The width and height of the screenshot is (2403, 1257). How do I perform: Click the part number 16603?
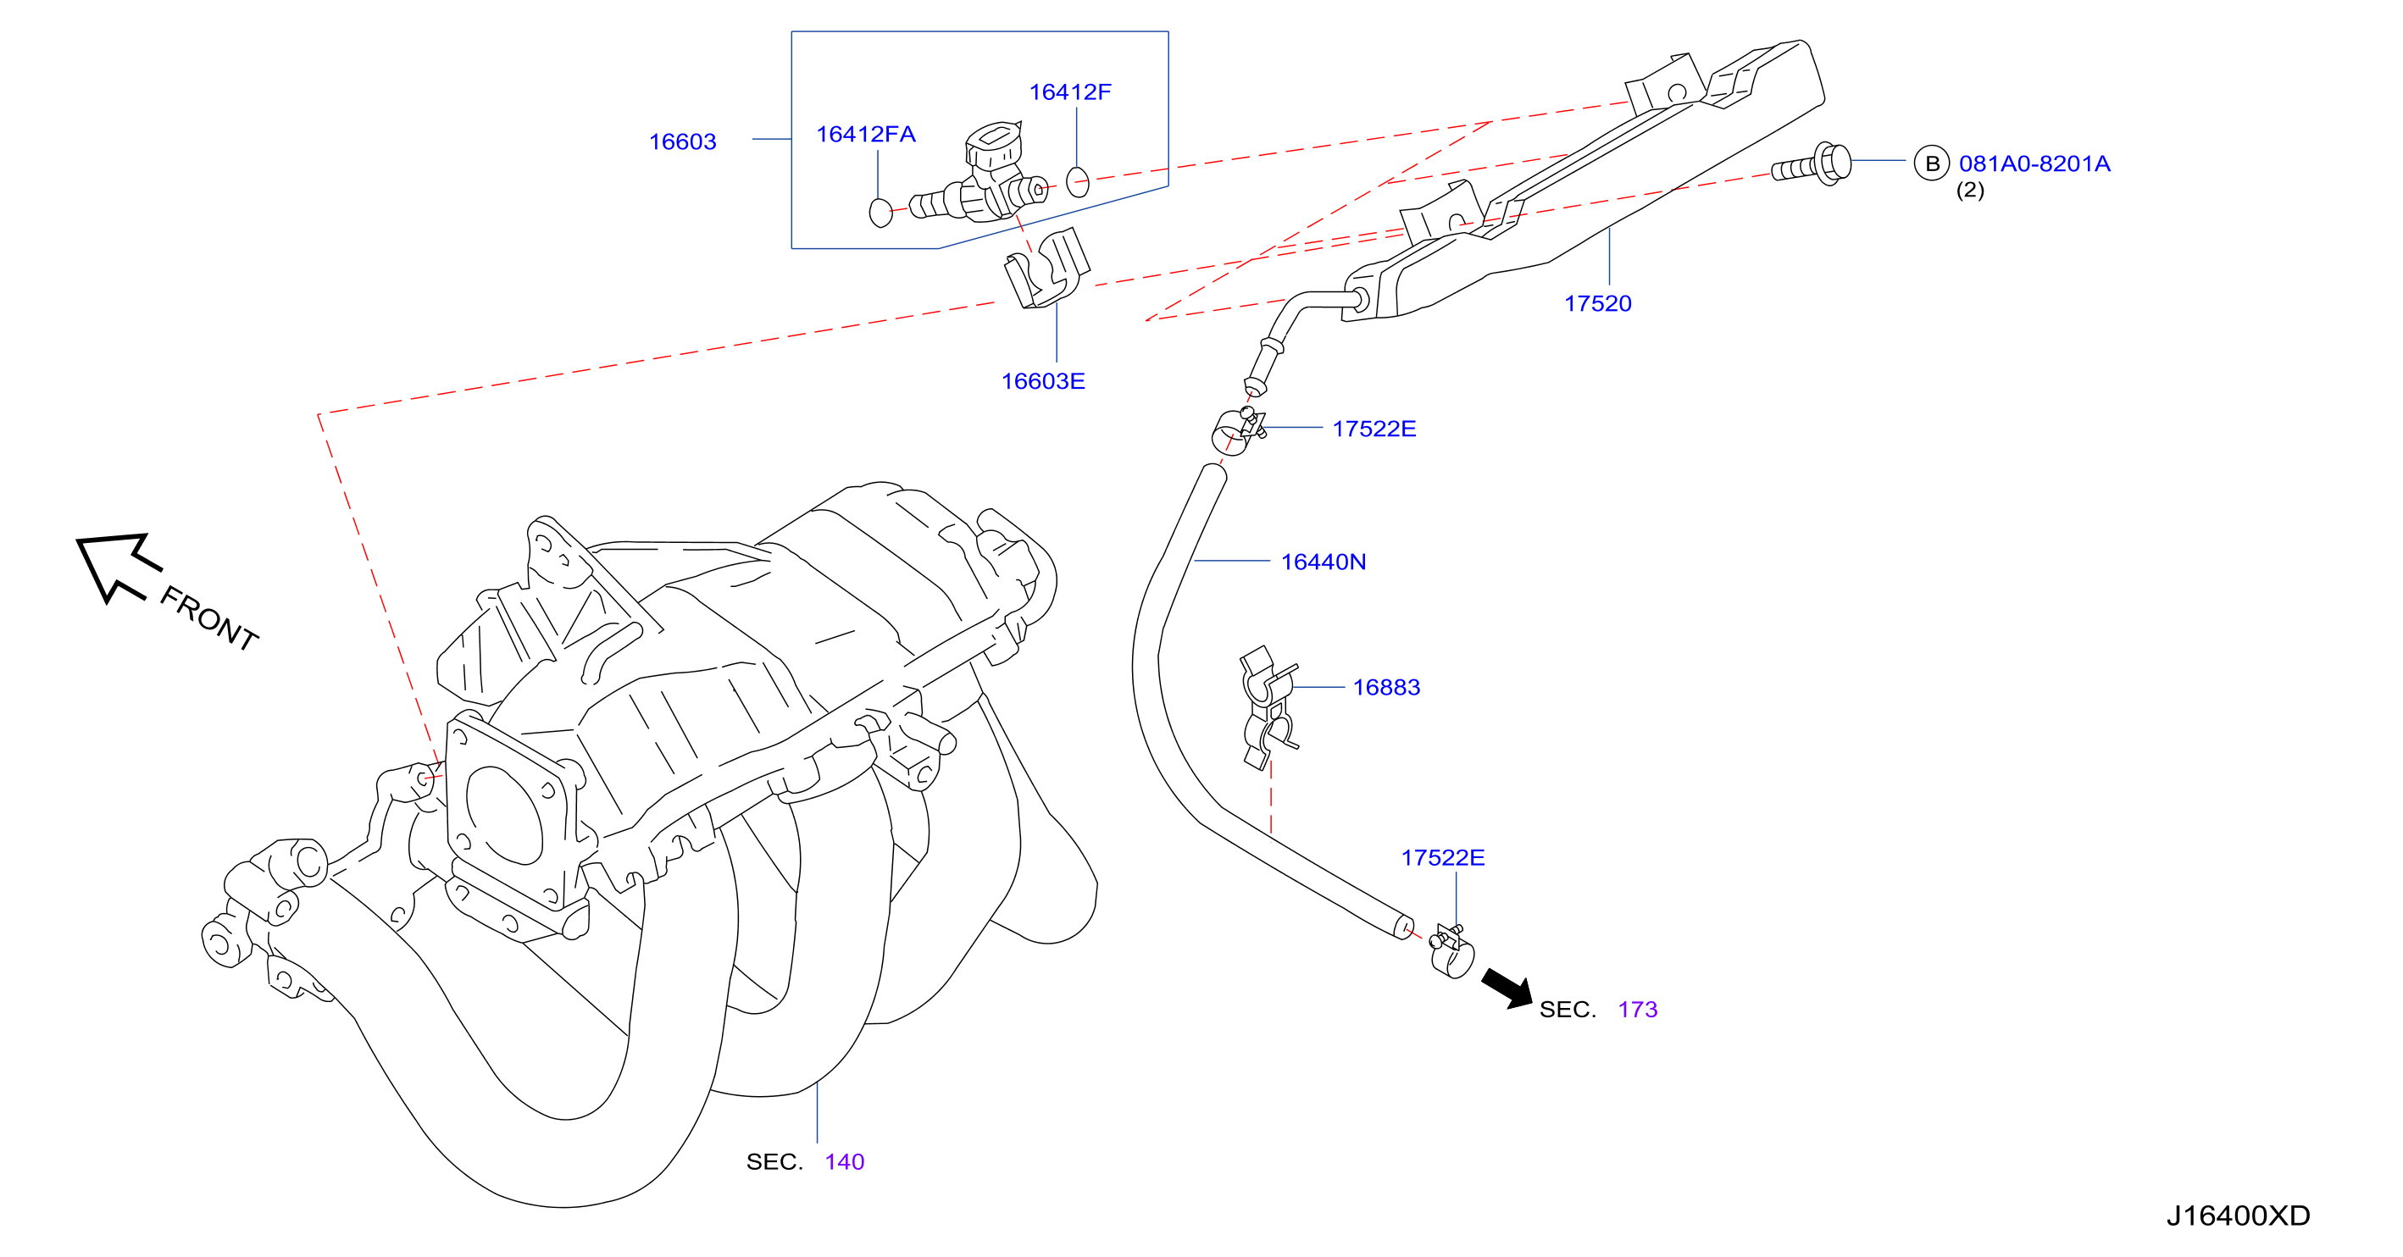[682, 141]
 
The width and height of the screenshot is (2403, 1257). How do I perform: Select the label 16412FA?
[866, 135]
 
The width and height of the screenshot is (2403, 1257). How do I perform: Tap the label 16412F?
[1070, 92]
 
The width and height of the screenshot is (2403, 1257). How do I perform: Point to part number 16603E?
[1043, 381]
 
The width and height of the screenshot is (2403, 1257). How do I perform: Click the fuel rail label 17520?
[1598, 304]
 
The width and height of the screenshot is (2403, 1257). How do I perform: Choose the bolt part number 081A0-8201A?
[2034, 164]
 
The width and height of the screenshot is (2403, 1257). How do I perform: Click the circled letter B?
[1932, 164]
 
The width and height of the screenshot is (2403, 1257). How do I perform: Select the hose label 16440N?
[1324, 562]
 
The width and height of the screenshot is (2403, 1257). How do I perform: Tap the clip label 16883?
[1386, 687]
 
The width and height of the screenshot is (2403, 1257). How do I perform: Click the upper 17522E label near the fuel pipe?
[1374, 429]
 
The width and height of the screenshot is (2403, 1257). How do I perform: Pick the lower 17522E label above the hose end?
[1442, 858]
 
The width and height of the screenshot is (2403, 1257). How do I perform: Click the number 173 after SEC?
[1637, 1010]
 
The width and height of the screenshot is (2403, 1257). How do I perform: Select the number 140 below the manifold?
[844, 1162]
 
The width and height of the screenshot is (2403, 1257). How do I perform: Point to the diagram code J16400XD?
[2238, 1216]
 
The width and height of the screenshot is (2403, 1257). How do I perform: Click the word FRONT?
[209, 618]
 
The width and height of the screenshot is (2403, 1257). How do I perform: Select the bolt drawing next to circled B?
[1812, 165]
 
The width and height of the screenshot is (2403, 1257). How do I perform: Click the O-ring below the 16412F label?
[1078, 182]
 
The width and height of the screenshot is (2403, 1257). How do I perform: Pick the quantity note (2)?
[1970, 191]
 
